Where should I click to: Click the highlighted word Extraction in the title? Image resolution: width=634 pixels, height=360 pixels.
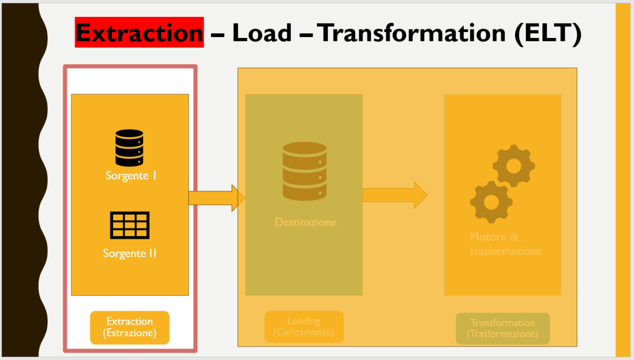click(139, 32)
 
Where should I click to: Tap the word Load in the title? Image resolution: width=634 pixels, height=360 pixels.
click(262, 32)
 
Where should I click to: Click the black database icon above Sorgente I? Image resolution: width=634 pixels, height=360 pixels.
click(129, 147)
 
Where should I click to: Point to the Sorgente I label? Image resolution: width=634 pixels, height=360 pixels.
click(131, 176)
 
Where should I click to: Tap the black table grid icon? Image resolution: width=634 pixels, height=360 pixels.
click(130, 225)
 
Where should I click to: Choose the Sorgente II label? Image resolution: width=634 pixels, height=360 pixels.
click(130, 253)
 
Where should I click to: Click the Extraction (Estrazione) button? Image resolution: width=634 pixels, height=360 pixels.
click(130, 327)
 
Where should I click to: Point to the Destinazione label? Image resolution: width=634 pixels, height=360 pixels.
click(305, 222)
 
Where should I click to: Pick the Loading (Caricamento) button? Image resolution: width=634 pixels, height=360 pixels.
click(304, 326)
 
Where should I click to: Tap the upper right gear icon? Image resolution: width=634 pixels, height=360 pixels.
click(514, 166)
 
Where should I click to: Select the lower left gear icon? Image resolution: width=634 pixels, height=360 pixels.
click(491, 202)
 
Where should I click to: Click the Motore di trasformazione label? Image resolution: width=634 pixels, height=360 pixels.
click(505, 244)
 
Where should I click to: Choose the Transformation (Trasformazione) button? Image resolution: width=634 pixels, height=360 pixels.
click(502, 328)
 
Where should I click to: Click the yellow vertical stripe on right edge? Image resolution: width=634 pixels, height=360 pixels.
click(622, 180)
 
